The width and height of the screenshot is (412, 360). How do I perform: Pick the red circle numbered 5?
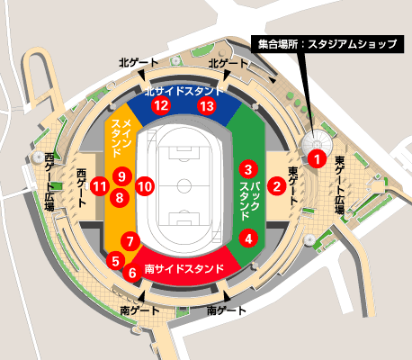pos(115,260)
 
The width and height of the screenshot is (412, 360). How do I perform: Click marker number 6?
pos(132,271)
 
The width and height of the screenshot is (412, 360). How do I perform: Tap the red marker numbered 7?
pos(131,241)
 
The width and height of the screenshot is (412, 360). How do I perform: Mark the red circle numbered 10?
pos(121,176)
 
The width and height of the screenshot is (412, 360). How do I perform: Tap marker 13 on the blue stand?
pos(161,105)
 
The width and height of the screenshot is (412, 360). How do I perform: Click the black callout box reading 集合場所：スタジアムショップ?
pos(207,106)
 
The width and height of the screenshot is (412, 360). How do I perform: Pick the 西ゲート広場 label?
pos(49,181)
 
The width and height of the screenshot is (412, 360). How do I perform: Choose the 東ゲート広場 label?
pos(339,184)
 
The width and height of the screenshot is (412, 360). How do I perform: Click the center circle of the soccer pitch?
pos(184,188)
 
